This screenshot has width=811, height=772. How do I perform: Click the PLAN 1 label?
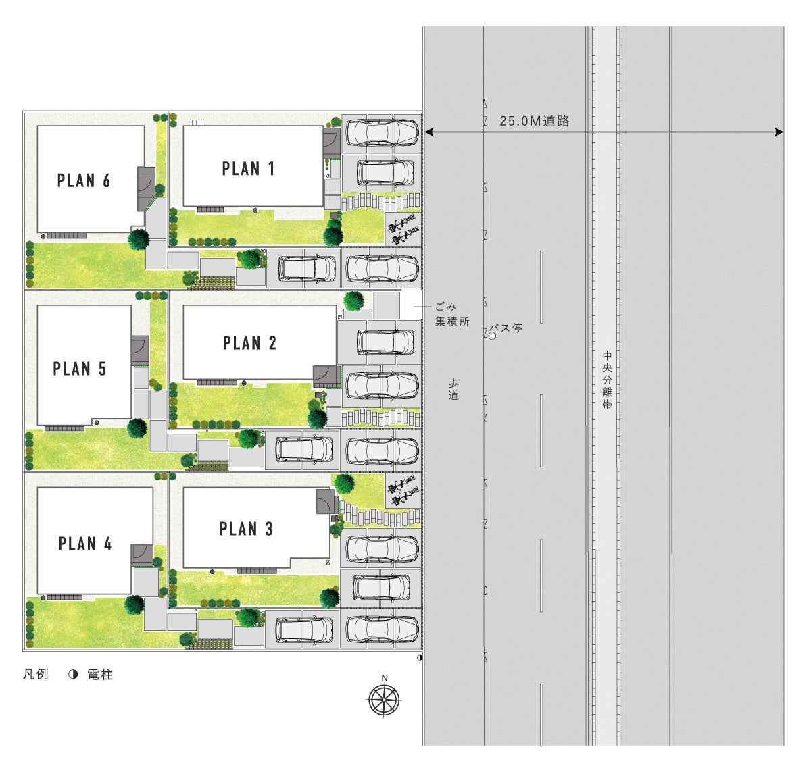coord(248,168)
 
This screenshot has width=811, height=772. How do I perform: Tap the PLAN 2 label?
coord(249,342)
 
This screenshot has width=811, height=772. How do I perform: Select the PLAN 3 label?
coord(246,528)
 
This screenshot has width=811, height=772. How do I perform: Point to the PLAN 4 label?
coord(85,544)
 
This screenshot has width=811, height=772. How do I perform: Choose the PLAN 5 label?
coord(80,368)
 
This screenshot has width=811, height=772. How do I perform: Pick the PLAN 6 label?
coord(83,180)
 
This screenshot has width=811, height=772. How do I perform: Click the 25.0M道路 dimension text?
coord(534,120)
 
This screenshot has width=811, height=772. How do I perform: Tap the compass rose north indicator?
coord(384,700)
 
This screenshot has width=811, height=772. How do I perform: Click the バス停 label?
coord(506,328)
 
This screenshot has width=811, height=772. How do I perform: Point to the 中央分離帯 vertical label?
coord(607,380)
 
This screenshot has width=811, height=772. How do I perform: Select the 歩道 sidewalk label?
coord(453,389)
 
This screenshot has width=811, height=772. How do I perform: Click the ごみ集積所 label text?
coord(452,314)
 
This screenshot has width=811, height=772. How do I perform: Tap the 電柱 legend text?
coord(100,675)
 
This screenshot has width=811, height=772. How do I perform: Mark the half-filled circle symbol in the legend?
coord(73,674)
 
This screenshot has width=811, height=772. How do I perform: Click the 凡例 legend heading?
coord(35,674)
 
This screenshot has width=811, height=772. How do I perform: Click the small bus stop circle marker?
coord(492,336)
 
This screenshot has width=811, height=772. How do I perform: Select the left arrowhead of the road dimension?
coord(429,132)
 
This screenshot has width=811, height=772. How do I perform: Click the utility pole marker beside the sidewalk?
coord(420,657)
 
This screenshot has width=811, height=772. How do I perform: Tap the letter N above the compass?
coord(385,678)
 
